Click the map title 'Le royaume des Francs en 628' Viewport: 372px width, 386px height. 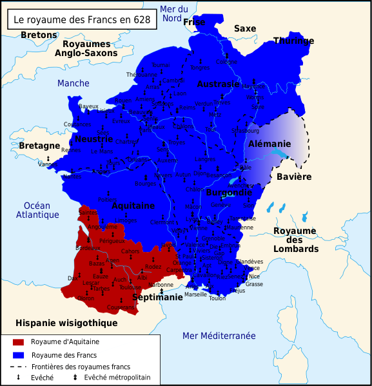coord(82,20)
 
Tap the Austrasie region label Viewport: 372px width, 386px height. coord(218,84)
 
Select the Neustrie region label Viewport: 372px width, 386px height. coord(94,139)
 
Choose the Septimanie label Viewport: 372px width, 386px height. coord(157,298)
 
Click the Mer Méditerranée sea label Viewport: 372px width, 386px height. coord(219,336)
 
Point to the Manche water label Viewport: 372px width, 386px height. coord(73,83)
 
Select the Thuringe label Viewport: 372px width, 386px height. coord(293,41)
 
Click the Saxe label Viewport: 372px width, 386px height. coord(244,28)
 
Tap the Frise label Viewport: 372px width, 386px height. coord(194,23)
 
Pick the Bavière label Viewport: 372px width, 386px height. coord(294,177)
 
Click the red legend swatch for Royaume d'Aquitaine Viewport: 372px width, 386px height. coord(18,342)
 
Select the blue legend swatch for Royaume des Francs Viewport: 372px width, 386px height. coord(18,355)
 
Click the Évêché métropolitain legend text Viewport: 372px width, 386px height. coord(117,377)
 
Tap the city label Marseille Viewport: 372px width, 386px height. coord(195,294)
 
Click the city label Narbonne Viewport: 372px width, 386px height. coord(161,284)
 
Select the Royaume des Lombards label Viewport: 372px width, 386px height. coord(295,240)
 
